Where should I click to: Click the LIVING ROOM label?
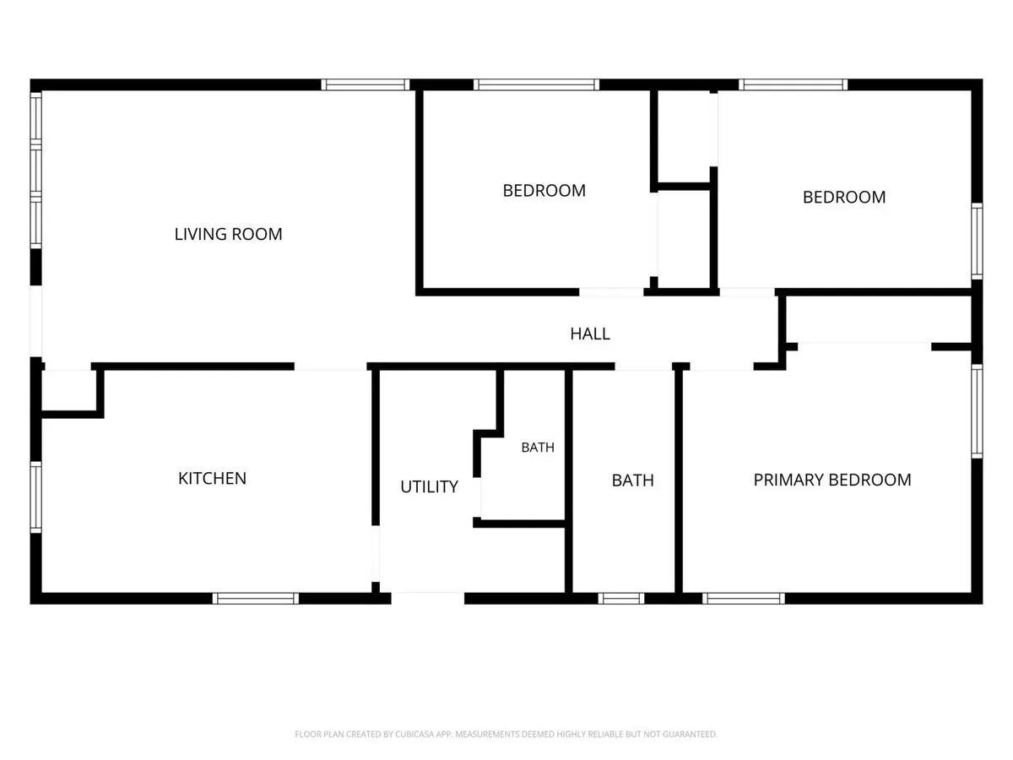point(228,234)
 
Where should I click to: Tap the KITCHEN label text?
point(212,478)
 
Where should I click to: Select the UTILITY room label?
point(429,486)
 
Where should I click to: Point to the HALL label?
point(590,334)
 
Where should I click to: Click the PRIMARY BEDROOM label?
point(832,480)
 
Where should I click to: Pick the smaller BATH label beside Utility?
point(538,448)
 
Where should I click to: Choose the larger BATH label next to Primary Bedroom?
point(633,480)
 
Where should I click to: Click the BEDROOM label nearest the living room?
point(544,191)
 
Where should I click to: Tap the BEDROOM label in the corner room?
point(844,197)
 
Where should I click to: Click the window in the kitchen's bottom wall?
point(256,599)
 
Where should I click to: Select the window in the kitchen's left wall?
point(36,497)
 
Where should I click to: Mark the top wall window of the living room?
point(366,84)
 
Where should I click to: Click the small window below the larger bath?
point(621,599)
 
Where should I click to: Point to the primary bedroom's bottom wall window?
point(744,599)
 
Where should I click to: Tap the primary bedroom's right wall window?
point(977,411)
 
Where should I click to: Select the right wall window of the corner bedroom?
point(977,242)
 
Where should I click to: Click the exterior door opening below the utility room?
point(428,598)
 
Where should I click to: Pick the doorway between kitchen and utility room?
point(376,553)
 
